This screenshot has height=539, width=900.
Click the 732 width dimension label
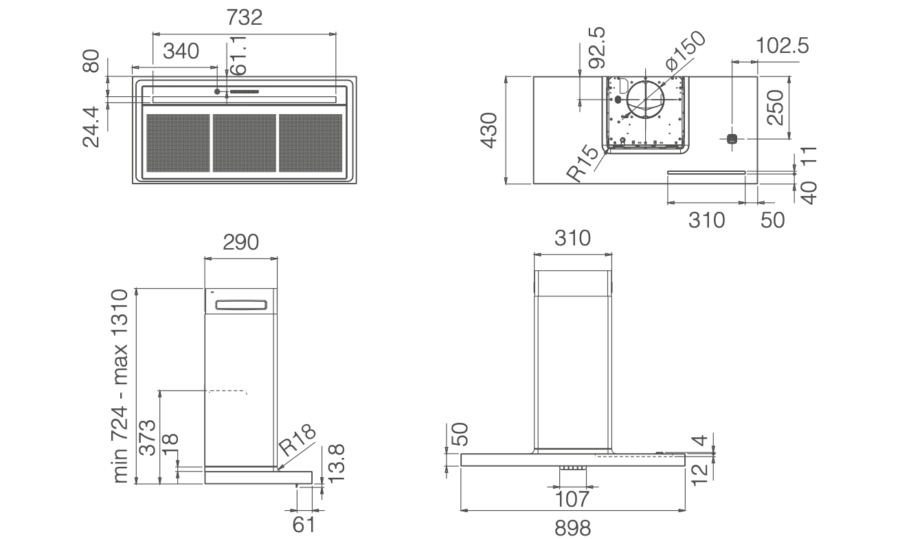coord(245,17)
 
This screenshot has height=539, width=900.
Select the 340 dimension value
coord(181,51)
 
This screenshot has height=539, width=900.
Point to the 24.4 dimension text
coord(91,126)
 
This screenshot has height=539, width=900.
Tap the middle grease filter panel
coord(245,143)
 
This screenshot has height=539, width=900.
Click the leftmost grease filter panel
coord(178,143)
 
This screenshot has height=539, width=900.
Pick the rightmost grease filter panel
coord(311,143)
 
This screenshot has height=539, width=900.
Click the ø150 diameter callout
coord(685,52)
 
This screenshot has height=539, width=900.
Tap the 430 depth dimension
coord(488,130)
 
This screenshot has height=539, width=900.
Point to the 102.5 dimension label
coord(782,46)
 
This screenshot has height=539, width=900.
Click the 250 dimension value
coord(775,107)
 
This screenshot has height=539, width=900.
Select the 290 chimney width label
coord(240,242)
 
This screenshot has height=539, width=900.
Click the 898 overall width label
coord(572,527)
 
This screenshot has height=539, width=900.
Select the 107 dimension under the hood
coord(572,498)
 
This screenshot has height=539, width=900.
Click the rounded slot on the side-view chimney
coord(240,306)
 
